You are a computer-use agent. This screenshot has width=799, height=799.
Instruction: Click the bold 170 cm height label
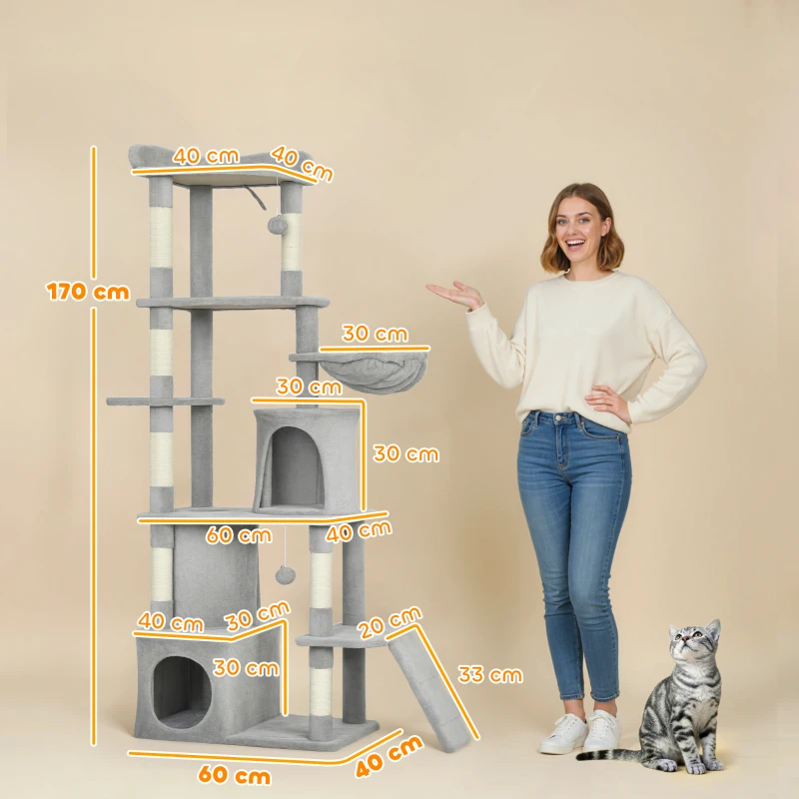[88, 292]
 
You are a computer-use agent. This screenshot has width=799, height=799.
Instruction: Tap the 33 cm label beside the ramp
[490, 675]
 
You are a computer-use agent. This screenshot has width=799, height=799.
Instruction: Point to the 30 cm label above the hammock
[376, 333]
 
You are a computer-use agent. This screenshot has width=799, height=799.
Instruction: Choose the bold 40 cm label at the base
[390, 756]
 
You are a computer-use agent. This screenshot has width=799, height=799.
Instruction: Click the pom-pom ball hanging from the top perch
[272, 228]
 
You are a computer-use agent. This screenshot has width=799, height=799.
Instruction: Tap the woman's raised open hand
[455, 295]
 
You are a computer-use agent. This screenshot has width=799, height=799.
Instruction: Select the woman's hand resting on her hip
[608, 402]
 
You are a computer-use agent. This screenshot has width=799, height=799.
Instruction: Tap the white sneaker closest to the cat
[601, 732]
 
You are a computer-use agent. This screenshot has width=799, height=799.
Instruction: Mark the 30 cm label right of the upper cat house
[405, 453]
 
